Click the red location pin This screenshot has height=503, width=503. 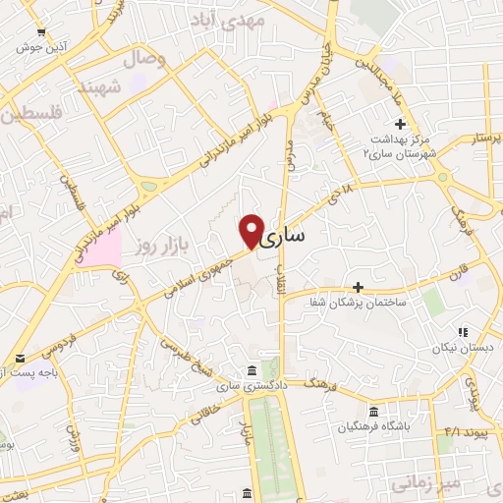pyautogui.click(x=252, y=230)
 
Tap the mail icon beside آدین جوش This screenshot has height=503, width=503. pyautogui.click(x=20, y=45)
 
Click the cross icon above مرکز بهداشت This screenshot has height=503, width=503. pyautogui.click(x=400, y=124)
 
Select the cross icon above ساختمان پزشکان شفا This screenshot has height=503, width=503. pyautogui.click(x=358, y=288)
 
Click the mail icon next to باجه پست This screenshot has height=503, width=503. pyautogui.click(x=18, y=360)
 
